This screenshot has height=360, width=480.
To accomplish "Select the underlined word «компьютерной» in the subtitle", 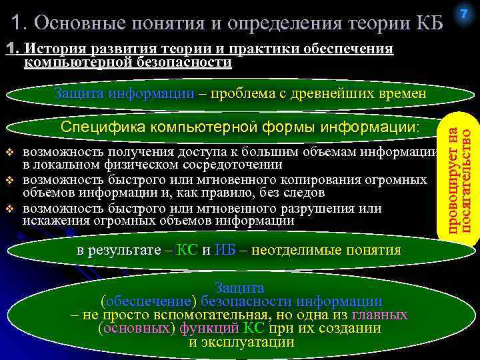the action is click(70, 63).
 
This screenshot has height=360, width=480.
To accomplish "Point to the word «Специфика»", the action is click(103, 127).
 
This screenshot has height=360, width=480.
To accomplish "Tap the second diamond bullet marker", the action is click(10, 180).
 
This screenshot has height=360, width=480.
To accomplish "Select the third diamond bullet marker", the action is click(10, 208).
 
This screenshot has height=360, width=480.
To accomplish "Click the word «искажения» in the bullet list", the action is click(51, 221).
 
